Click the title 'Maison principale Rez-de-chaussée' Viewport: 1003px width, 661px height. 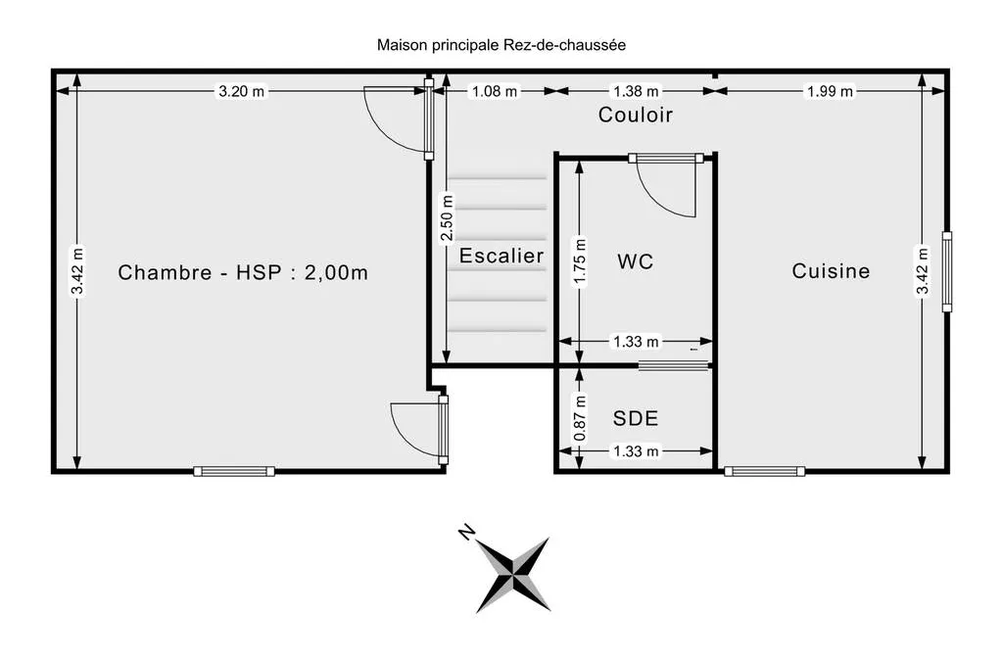point(501,45)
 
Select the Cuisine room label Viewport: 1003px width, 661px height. point(831,271)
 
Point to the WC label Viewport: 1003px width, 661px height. point(635,261)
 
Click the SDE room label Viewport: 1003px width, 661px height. point(635,418)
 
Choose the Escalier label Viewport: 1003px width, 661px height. point(501,256)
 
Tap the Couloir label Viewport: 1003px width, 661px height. point(635,115)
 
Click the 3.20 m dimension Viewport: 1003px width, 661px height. point(241,91)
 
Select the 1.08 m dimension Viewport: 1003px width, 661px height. point(495,91)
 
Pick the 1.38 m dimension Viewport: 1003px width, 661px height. point(636,91)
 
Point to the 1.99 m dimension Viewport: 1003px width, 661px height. point(830,91)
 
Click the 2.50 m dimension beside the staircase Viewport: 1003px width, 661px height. point(447,217)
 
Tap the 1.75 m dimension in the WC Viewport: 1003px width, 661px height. point(580,261)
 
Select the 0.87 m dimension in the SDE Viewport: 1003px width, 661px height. point(580,418)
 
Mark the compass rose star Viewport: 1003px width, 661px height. point(513,575)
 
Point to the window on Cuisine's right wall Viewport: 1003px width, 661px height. point(947,271)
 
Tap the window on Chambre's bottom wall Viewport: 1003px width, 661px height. point(234,471)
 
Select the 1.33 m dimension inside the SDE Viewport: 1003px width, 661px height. point(636,451)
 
